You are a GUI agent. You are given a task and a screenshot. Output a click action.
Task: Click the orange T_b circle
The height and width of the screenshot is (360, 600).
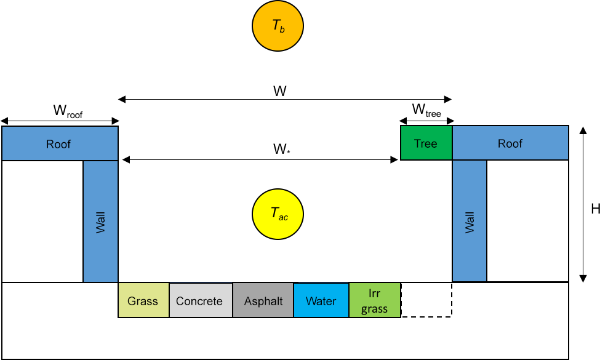(278, 26)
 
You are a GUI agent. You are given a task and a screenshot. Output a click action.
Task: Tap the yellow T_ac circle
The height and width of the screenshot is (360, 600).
(279, 214)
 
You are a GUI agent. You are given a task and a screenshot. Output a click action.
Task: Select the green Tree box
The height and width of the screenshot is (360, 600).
(426, 143)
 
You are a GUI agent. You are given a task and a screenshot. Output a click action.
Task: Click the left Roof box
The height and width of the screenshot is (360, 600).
(59, 144)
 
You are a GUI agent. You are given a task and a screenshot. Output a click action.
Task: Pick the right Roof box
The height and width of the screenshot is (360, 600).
(510, 143)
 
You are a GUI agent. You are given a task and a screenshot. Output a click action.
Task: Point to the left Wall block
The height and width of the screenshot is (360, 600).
(100, 222)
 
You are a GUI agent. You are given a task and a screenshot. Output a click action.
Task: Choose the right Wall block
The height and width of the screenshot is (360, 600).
(470, 222)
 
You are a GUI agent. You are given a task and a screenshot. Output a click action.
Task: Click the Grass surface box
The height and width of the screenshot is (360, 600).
(143, 301)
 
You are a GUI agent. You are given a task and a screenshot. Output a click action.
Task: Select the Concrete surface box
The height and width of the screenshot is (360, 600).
(199, 301)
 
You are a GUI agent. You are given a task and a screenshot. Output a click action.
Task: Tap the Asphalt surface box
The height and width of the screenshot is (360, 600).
(263, 301)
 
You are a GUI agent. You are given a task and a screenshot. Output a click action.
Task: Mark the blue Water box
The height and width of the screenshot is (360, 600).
(321, 301)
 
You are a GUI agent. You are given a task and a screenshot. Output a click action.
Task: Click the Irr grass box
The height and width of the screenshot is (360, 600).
(374, 301)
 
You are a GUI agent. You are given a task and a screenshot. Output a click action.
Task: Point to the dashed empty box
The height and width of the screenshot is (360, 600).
(426, 301)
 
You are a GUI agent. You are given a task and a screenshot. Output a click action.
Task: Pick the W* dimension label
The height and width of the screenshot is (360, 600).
(281, 150)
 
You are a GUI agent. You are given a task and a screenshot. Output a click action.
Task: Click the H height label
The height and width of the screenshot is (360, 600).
(595, 209)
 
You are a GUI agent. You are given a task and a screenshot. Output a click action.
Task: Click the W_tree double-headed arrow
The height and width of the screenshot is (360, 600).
(426, 121)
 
